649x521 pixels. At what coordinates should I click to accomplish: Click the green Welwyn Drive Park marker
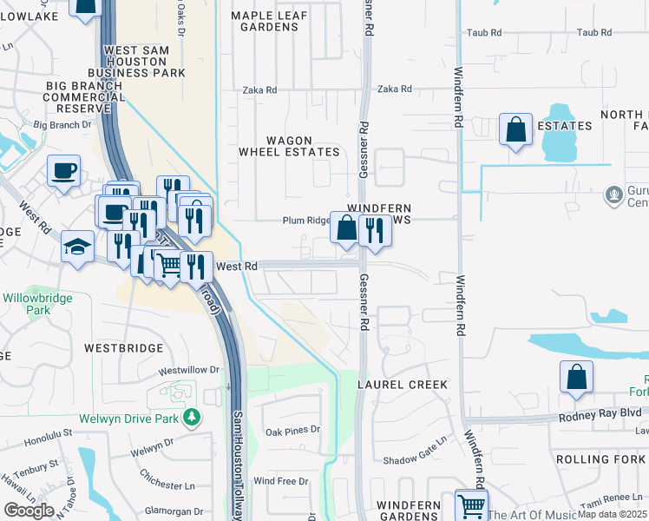192,419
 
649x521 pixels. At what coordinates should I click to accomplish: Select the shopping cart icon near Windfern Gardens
470,505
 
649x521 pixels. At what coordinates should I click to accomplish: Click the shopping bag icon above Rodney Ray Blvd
576,378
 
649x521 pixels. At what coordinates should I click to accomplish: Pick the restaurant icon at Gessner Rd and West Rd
375,231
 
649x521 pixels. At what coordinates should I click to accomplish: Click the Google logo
28,511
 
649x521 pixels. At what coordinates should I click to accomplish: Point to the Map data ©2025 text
613,514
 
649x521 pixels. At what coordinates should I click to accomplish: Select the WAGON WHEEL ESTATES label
290,146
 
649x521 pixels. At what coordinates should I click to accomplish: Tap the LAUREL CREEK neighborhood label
406,384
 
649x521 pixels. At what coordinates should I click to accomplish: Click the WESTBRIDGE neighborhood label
124,347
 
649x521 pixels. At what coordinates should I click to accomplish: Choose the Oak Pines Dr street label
292,430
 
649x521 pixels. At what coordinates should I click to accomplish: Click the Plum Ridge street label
306,221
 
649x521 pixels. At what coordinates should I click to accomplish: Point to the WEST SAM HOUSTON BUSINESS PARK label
144,63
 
